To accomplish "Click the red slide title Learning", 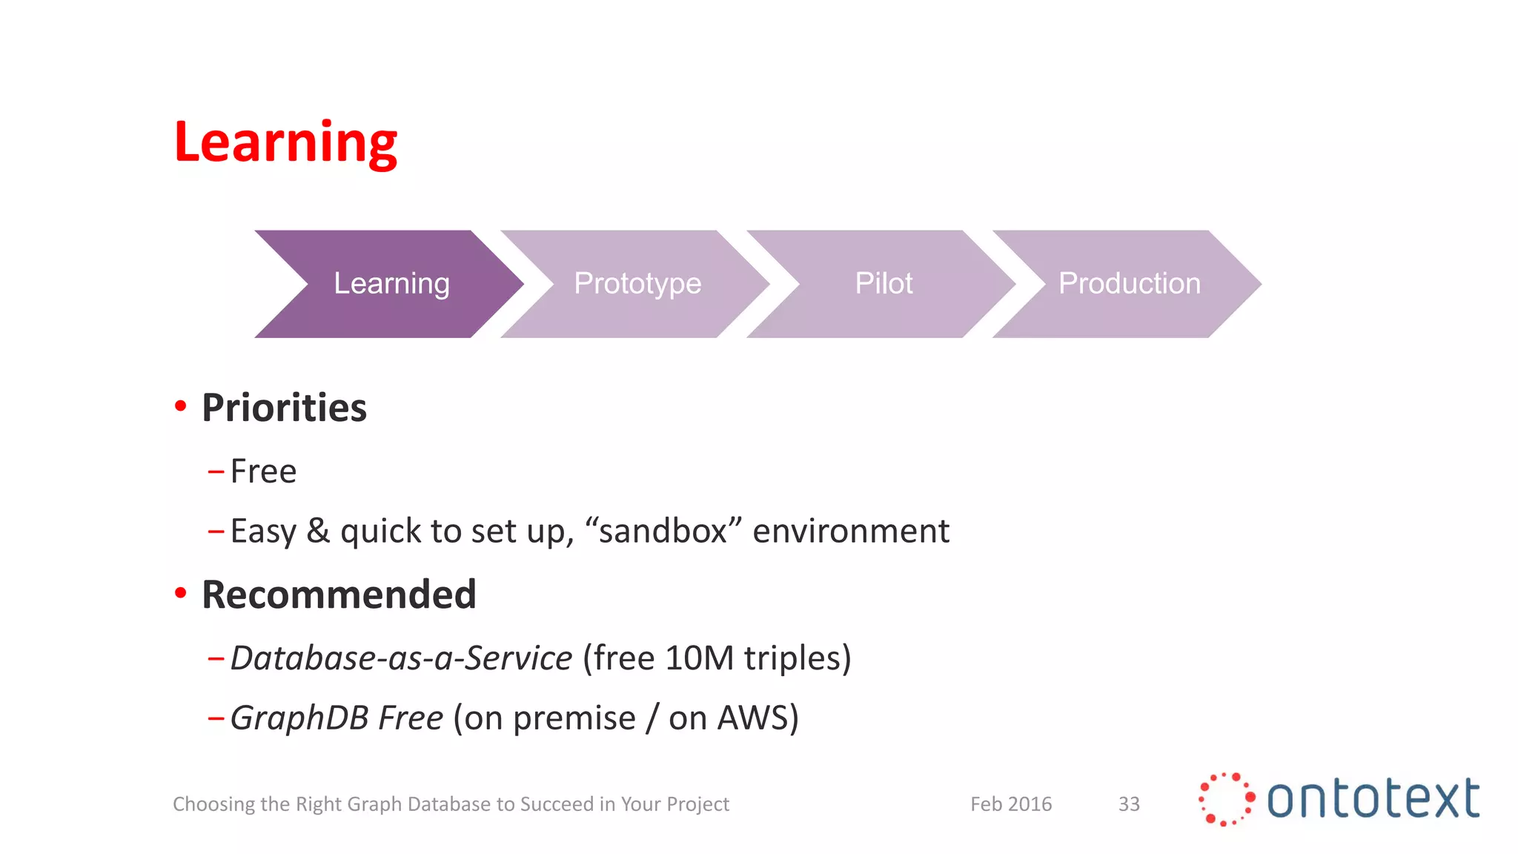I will pos(285,142).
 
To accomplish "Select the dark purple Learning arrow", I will pos(391,284).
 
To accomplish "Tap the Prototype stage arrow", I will pos(637,284).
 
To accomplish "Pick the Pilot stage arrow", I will pos(884,284).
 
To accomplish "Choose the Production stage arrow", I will pos(1129,284).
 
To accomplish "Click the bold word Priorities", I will pos(284,408).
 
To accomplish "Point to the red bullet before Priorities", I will pos(180,406).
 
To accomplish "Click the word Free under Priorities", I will pos(263,471).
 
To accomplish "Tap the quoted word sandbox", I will pos(663,531).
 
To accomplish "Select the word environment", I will pos(850,531).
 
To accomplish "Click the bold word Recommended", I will pos(339,595).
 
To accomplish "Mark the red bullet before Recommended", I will pos(180,592).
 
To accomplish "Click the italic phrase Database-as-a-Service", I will pos(401,658).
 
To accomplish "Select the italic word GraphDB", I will pos(299,718).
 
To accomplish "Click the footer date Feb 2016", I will pos(1011,804).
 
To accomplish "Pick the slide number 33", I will pos(1129,804).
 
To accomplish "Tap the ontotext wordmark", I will pos(1373,799).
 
